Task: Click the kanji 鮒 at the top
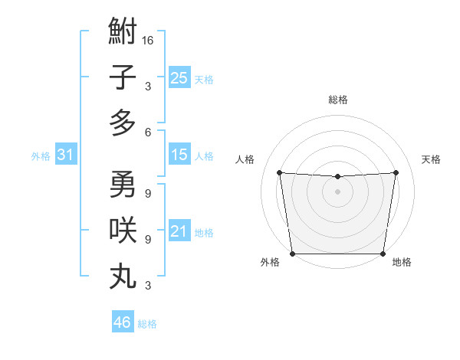123,33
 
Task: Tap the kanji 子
123,77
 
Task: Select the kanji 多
123,123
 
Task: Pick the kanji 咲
123,230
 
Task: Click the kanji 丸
123,277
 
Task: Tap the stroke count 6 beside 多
147,132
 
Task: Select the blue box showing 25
179,77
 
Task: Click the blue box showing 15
179,155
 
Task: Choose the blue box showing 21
179,231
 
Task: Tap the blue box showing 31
65,155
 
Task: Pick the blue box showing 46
122,322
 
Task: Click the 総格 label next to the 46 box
147,324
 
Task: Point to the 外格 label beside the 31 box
41,156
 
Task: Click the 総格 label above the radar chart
337,100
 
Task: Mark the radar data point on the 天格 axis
396,172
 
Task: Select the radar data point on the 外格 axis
293,253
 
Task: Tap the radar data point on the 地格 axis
383,254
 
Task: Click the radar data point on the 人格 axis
279,172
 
